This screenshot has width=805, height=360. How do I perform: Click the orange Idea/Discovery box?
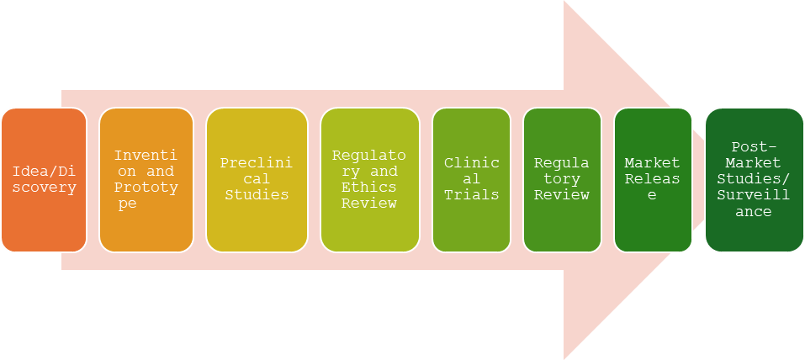pos(44,180)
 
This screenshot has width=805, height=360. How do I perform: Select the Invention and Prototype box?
pos(146,180)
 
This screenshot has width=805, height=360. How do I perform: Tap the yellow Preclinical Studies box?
pos(257,180)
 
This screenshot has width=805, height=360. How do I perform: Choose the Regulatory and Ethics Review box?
pos(369,180)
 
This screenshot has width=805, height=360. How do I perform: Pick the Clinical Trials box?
pos(471,180)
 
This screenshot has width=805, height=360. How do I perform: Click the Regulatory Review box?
pos(562,180)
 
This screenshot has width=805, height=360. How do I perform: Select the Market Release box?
pos(653,180)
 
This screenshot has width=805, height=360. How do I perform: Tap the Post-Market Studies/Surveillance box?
pos(754,180)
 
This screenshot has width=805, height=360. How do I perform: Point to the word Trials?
pos(471,195)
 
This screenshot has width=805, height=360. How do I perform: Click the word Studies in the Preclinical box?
pos(257,195)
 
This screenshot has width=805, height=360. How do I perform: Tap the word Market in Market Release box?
pos(653,162)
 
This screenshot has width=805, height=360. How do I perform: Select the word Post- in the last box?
pos(754,146)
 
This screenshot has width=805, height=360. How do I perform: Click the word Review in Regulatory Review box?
pos(562,195)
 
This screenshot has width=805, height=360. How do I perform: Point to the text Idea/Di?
pos(44,172)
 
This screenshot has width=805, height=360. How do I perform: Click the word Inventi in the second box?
pos(146,156)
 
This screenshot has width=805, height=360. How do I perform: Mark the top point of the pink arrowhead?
pos(564,3)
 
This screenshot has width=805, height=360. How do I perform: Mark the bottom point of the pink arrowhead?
pos(564,357)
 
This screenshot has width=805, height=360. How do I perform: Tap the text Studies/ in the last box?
pos(754,179)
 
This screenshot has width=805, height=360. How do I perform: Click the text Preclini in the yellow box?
pos(257,163)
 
